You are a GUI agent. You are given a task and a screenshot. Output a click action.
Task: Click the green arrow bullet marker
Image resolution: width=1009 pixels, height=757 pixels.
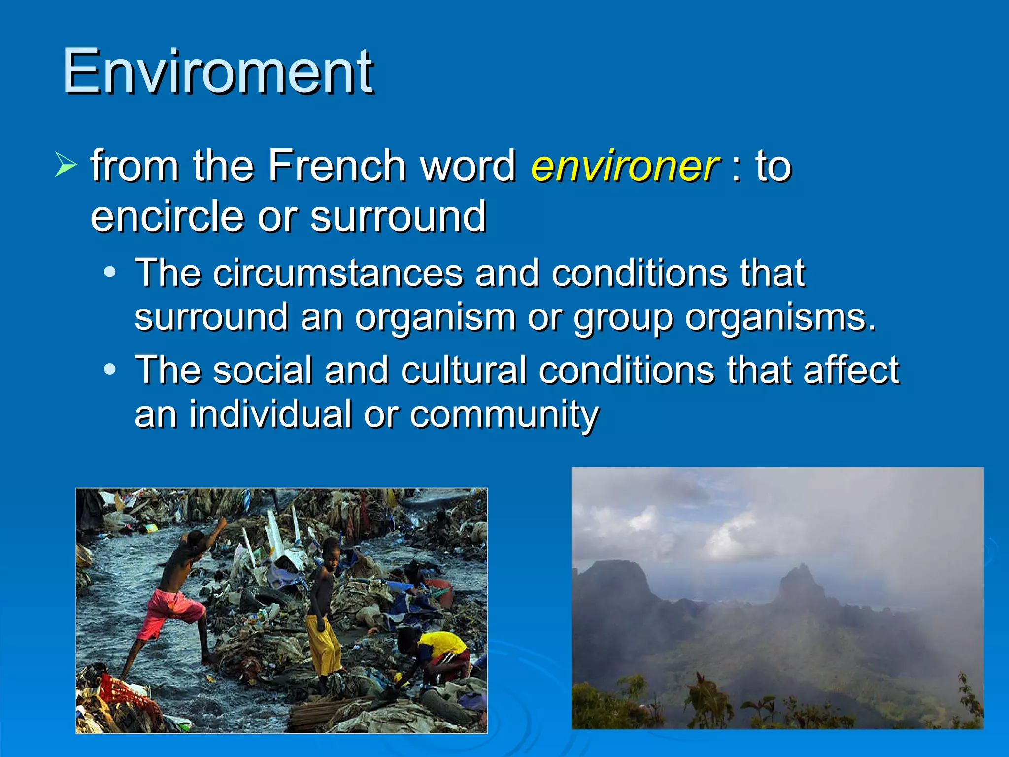pyautogui.click(x=66, y=165)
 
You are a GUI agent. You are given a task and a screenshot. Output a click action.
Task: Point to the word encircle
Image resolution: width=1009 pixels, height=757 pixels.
pyautogui.click(x=167, y=217)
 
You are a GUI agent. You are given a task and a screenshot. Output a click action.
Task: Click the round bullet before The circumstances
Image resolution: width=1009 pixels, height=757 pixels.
pyautogui.click(x=110, y=272)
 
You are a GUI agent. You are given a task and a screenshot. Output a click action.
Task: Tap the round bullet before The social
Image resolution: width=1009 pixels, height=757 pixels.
pyautogui.click(x=110, y=369)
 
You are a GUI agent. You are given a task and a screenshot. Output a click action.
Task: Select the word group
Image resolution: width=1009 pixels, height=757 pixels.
pyautogui.click(x=623, y=318)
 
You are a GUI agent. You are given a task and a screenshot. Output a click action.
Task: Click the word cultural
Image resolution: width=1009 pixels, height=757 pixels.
pyautogui.click(x=464, y=370)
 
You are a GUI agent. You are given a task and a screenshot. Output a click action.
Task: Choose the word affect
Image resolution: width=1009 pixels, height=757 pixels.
pyautogui.click(x=851, y=370)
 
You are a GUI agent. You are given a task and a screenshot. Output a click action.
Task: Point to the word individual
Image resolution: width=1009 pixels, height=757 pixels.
pyautogui.click(x=270, y=414)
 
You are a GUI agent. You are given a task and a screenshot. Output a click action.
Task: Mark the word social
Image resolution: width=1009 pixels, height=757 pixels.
pyautogui.click(x=263, y=370)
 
